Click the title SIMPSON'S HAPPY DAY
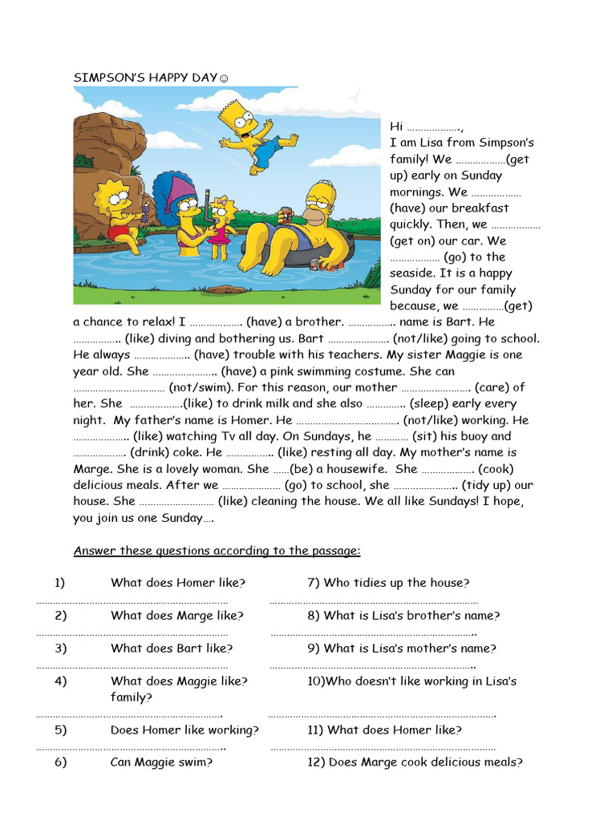tap(144, 78)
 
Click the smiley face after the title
tap(224, 79)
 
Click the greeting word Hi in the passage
tap(396, 127)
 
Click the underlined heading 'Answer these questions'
tap(217, 551)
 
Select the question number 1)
tap(60, 583)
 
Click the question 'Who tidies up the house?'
tap(389, 583)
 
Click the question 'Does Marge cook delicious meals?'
tap(415, 762)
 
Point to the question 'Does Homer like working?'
tap(184, 730)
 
